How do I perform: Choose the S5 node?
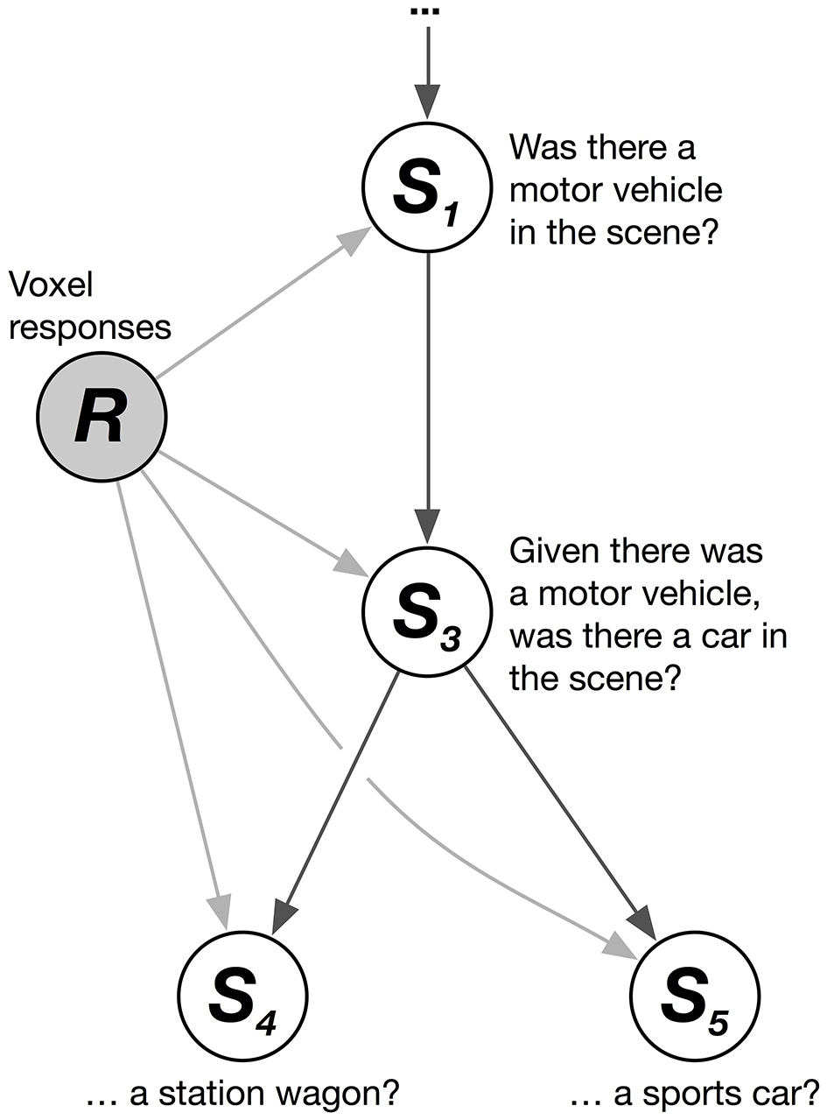pyautogui.click(x=695, y=997)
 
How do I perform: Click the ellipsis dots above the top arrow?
pyautogui.click(x=428, y=13)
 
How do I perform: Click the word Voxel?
pyautogui.click(x=50, y=285)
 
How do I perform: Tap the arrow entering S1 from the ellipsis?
pyautogui.click(x=427, y=74)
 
